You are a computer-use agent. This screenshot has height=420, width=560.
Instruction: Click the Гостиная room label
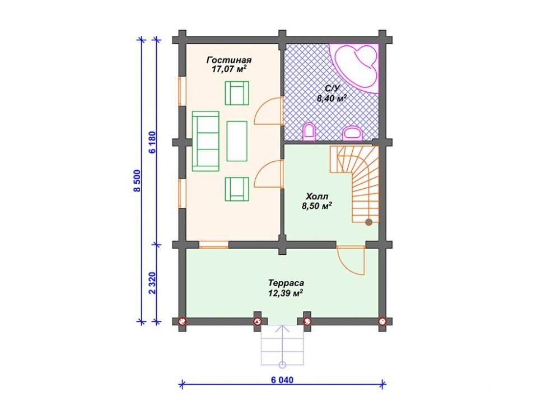click(x=229, y=60)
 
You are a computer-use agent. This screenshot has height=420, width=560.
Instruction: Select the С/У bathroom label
click(x=331, y=89)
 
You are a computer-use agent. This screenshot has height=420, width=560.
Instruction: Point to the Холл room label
click(x=317, y=196)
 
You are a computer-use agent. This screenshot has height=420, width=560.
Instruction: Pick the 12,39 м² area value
click(x=286, y=293)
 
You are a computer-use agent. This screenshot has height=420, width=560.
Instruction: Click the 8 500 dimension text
click(x=138, y=181)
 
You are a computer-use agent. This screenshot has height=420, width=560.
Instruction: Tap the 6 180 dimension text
click(x=152, y=142)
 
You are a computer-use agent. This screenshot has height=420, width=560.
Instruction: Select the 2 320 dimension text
click(x=152, y=283)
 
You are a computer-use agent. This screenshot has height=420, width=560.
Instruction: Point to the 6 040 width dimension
click(x=282, y=380)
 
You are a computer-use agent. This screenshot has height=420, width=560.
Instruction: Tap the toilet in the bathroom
click(x=309, y=132)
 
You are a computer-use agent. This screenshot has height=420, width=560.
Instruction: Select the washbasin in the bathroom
click(x=352, y=134)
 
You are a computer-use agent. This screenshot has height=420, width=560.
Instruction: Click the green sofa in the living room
click(x=206, y=141)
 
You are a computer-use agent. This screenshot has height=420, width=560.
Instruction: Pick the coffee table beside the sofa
click(x=237, y=141)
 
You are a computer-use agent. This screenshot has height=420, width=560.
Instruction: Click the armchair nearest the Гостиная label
click(x=237, y=93)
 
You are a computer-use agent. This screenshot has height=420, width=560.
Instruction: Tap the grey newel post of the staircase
click(x=368, y=222)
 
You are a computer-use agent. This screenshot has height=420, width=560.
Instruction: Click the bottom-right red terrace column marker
click(x=382, y=321)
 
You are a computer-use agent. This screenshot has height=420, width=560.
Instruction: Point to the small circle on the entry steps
click(x=282, y=365)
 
